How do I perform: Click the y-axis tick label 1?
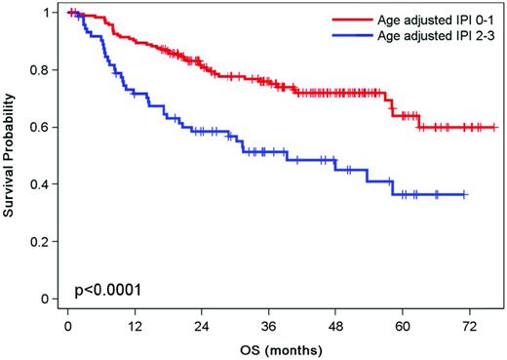click(48, 13)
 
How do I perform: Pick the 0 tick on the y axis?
click(48, 299)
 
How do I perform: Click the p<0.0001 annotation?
click(107, 291)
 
